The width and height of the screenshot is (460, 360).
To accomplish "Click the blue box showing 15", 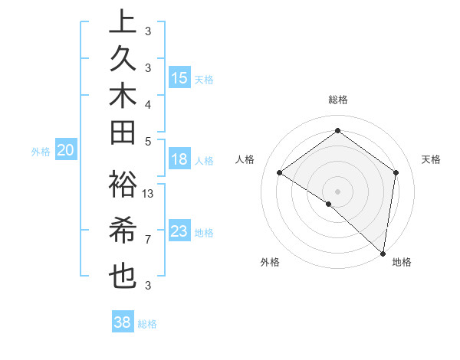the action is click(x=179, y=78).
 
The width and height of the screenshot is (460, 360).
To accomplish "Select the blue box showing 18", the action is click(x=179, y=160).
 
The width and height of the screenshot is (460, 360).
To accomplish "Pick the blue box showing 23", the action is click(x=179, y=231).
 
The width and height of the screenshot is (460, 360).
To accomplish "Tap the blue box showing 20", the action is click(x=66, y=151).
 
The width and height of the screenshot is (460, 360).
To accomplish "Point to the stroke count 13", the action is click(x=149, y=194).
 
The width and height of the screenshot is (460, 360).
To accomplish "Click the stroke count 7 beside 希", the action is click(x=148, y=240).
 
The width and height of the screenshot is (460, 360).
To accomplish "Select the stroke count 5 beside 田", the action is click(x=148, y=141).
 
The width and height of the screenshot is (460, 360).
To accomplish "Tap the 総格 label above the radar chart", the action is click(x=337, y=100).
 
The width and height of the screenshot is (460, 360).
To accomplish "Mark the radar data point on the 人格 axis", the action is click(x=280, y=173).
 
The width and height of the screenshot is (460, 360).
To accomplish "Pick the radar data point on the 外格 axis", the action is click(x=328, y=204).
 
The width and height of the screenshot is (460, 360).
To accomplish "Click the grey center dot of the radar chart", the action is click(x=337, y=191).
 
